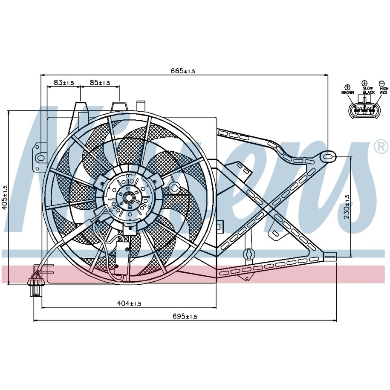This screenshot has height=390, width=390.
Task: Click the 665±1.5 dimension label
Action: tap(183, 71)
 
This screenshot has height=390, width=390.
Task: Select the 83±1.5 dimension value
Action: tap(64, 82)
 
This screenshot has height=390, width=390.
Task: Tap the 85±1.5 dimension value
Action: tap(100, 82)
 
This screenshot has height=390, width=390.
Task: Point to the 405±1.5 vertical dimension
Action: tap(4, 198)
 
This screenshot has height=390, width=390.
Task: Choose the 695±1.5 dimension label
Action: tap(185, 316)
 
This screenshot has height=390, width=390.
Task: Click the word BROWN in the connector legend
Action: tap(347, 93)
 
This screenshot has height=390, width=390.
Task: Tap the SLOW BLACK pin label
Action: tap(369, 90)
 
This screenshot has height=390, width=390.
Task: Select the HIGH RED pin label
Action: tap(384, 91)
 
